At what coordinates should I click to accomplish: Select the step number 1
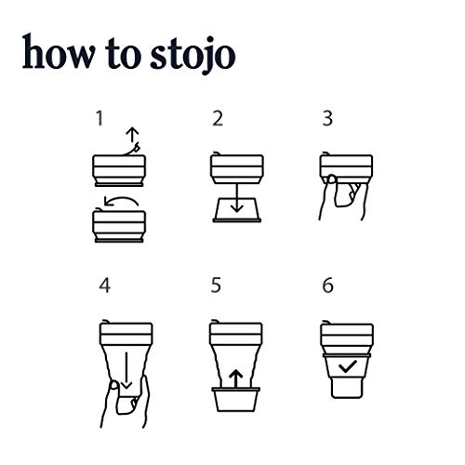click(x=100, y=118)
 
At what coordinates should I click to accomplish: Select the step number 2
click(x=217, y=118)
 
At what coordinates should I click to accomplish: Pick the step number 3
click(x=327, y=118)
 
